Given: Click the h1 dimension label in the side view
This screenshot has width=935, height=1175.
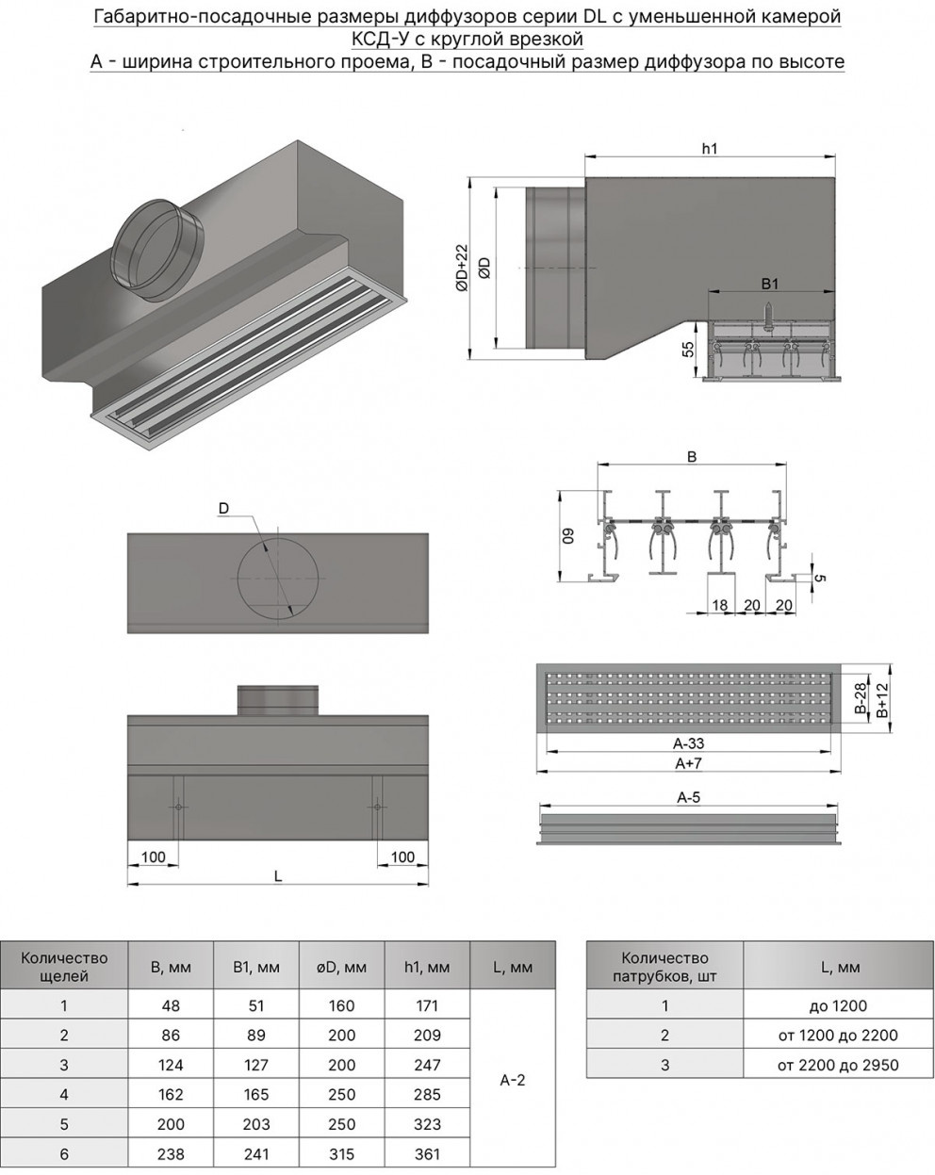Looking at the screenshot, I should tap(710, 148).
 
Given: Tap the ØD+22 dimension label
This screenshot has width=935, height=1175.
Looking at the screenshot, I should tap(461, 268).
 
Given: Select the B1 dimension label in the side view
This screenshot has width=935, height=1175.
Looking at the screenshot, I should tap(768, 282).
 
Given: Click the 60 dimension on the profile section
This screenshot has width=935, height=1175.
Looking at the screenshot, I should tap(568, 536).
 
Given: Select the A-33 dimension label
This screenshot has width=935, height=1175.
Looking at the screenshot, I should tap(690, 743).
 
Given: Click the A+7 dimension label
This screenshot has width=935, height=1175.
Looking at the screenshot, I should tap(690, 762).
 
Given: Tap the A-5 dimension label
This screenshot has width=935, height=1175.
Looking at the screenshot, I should tap(688, 798).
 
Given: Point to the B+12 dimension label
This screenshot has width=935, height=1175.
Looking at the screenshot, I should tap(881, 700).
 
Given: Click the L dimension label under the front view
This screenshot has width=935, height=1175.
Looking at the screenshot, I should tap(278, 876).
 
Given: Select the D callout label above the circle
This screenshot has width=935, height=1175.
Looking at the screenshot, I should tap(223, 509).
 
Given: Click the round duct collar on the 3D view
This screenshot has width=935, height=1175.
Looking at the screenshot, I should tap(157, 250).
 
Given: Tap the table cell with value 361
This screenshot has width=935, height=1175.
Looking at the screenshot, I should tap(427, 1153).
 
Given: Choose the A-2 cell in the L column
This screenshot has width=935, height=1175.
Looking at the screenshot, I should tap(512, 1080).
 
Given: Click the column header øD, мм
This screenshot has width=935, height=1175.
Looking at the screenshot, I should tap(342, 967).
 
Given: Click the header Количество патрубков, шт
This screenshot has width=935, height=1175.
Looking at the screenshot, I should tap(664, 967).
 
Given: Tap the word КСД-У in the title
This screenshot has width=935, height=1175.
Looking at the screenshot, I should tap(377, 39).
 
